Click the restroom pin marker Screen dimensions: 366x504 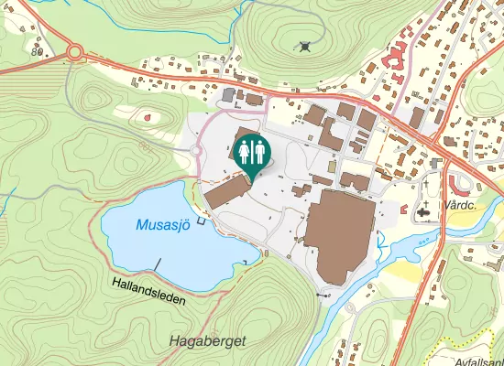coord(252,153)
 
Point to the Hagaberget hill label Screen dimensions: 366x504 coord(208,341)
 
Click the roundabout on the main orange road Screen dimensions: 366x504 coord(74,53)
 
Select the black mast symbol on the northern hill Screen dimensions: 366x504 coord(305,45)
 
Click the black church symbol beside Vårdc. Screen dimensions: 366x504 coord(422,212)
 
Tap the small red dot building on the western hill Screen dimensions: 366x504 coord(147,117)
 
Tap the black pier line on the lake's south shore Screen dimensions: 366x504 coord(158,264)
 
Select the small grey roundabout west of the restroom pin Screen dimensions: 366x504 coord(196,150)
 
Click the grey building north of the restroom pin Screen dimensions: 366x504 coord(228,94)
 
